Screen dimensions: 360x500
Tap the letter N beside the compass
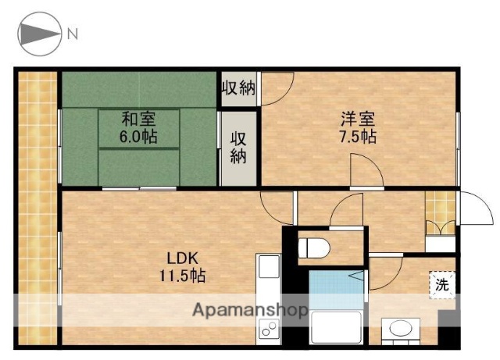73,34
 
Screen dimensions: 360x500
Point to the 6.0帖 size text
137,137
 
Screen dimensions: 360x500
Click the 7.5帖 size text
357,137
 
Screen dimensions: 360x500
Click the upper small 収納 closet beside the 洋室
237,87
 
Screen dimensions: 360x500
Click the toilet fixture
314,248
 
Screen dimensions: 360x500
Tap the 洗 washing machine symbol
442,284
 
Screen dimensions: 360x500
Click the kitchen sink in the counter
267,270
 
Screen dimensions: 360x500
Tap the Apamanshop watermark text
250,310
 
